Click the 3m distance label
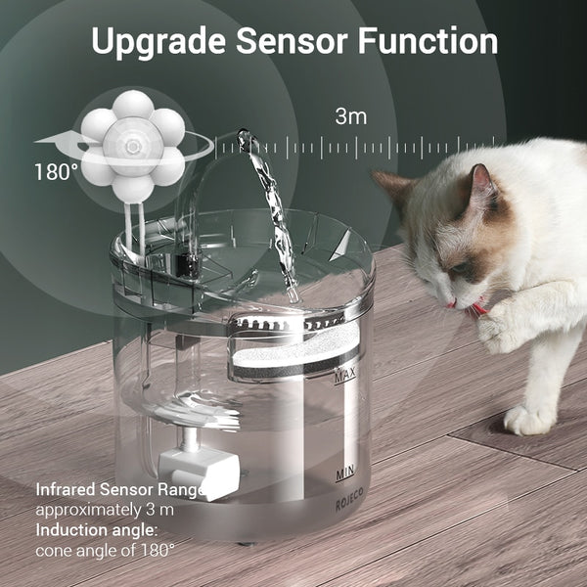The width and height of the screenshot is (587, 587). point(350,116)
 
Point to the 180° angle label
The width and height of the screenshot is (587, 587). point(56,172)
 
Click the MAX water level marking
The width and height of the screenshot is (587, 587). point(344,375)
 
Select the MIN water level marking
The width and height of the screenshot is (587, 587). point(344,474)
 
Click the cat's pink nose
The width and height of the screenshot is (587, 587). point(451,305)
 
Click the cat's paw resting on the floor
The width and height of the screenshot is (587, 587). point(528,420)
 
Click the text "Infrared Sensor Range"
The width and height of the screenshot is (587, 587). point(118,489)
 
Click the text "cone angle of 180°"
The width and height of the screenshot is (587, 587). point(106,550)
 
